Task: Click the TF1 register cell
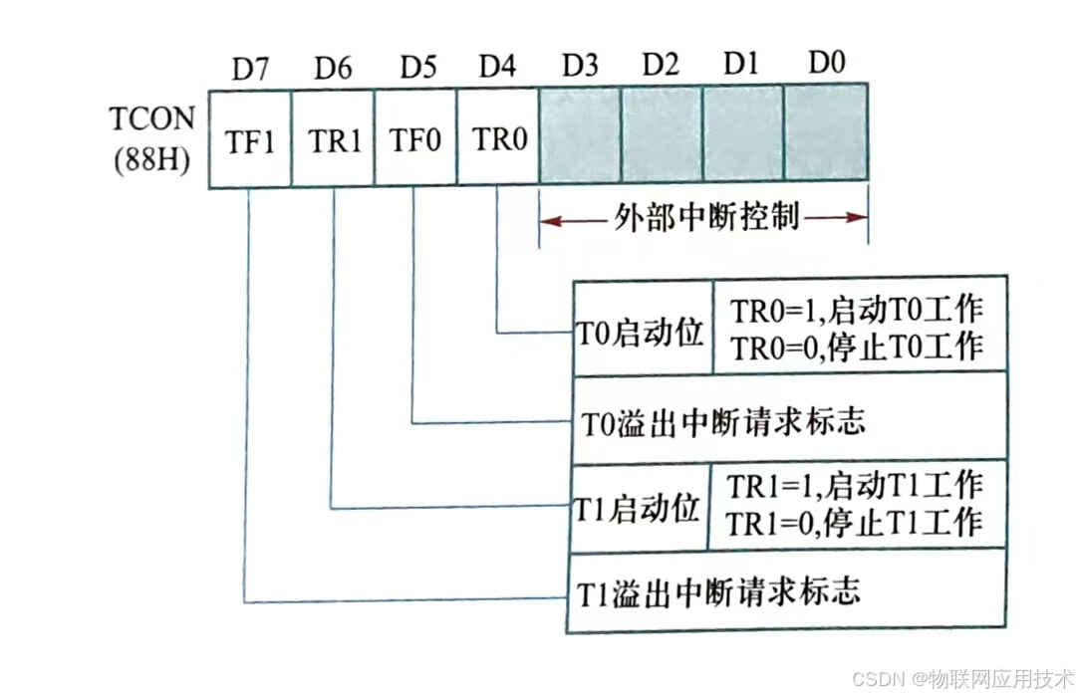pyautogui.click(x=250, y=140)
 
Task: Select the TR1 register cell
pyautogui.click(x=333, y=140)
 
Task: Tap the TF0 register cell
pyautogui.click(x=415, y=140)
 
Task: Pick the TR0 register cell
pyautogui.click(x=498, y=140)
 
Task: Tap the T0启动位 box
pyautogui.click(x=641, y=333)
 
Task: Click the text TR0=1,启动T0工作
pyautogui.click(x=857, y=310)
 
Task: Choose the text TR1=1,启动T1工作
pyautogui.click(x=855, y=486)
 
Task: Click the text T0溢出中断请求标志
pyautogui.click(x=722, y=421)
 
